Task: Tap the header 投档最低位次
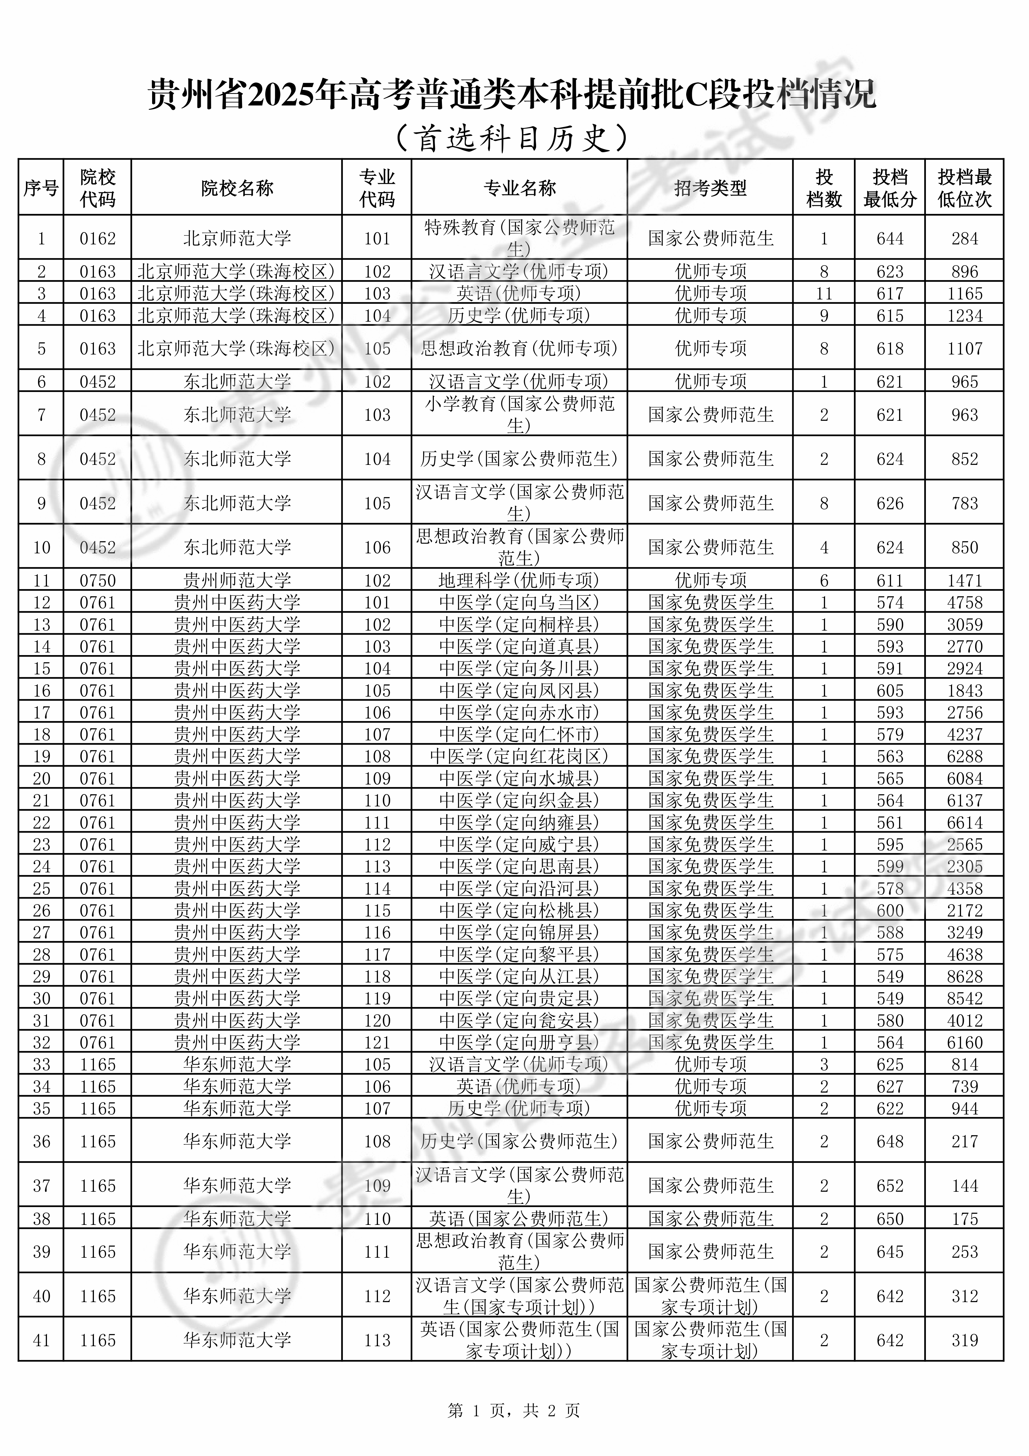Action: click(x=964, y=188)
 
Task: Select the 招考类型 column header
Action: click(x=710, y=188)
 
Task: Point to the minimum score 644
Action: click(x=890, y=238)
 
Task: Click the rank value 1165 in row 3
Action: click(x=964, y=294)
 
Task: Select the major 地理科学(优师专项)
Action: click(x=519, y=580)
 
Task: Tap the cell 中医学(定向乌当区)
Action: click(x=519, y=602)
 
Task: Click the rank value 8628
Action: click(x=964, y=977)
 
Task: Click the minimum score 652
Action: click(x=890, y=1186)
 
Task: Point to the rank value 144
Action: click(x=964, y=1186)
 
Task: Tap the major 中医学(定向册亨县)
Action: click(x=519, y=1042)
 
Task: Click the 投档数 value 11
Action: click(x=824, y=294)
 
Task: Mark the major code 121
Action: click(x=377, y=1042)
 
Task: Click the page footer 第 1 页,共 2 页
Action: click(x=514, y=1410)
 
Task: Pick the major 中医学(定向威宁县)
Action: click(x=519, y=845)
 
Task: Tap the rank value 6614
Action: click(x=964, y=823)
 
